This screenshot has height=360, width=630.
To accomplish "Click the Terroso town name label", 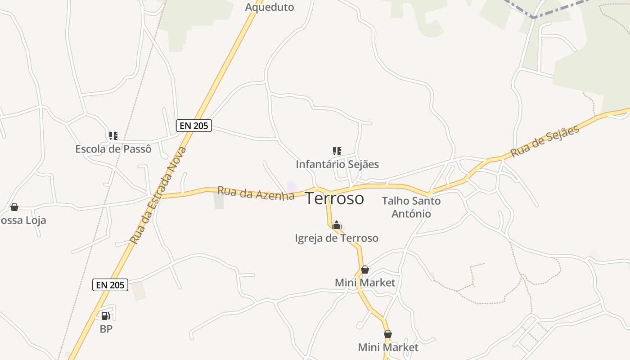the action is (x=334, y=198).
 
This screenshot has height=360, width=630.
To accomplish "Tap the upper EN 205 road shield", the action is (x=193, y=126).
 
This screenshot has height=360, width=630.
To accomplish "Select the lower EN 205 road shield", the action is (x=110, y=284).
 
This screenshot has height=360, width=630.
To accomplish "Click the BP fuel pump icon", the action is (x=105, y=316).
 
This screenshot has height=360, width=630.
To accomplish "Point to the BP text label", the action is (x=106, y=329).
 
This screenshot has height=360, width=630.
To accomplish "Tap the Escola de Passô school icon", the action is (x=113, y=135).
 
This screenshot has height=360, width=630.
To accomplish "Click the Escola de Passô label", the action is (x=113, y=149).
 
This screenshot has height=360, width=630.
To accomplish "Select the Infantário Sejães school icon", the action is (x=337, y=151).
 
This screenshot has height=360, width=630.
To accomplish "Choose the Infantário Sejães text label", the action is (x=337, y=164).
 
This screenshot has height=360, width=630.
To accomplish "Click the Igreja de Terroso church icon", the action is (x=336, y=225).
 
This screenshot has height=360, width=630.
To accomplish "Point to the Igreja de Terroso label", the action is (x=336, y=238).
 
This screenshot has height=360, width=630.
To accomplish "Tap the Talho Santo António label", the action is (x=411, y=207).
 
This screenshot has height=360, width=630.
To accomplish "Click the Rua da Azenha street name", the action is (x=256, y=193).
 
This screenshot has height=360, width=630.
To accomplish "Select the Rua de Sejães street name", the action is (x=545, y=142).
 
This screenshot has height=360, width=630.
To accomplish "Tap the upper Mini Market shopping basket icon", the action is (x=365, y=270).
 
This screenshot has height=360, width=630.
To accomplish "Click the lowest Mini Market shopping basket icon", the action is (x=387, y=334).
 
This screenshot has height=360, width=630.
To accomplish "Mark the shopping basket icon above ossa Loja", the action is (x=14, y=207).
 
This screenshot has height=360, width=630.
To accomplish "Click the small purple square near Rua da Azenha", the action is (x=292, y=186).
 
